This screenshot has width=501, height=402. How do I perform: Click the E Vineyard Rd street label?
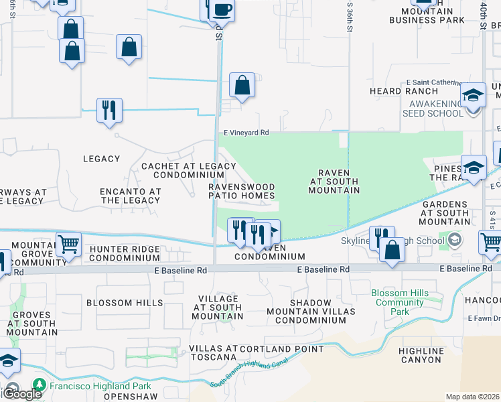click(246, 133)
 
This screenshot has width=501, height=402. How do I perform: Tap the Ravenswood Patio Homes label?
click(242, 191)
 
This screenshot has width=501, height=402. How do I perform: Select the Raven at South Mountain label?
click(334, 181)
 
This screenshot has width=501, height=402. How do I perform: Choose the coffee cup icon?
click(222, 11)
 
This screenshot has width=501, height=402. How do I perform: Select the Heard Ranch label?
click(394, 90)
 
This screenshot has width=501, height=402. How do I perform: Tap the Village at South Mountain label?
click(218, 307)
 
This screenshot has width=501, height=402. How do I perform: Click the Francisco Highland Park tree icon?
click(40, 385)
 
